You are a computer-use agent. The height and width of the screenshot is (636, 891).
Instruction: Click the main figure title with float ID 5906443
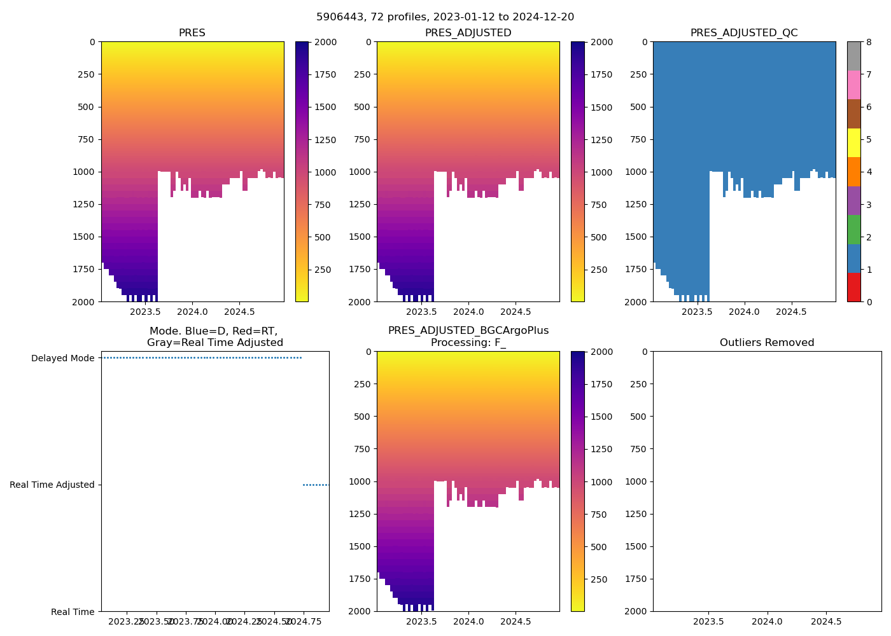tap(445, 17)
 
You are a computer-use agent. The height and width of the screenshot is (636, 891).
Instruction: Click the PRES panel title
tap(192, 33)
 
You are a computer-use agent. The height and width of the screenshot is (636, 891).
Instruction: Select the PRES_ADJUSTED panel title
tap(468, 33)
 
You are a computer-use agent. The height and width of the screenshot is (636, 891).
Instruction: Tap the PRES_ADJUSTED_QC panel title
tap(744, 33)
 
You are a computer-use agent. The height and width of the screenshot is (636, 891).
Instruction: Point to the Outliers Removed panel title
tap(767, 343)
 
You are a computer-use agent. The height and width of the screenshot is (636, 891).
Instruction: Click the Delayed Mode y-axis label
tap(62, 358)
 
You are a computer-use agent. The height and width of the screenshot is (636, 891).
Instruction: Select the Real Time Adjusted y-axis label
tap(52, 485)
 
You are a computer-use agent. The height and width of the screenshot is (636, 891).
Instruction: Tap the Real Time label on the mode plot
tap(73, 612)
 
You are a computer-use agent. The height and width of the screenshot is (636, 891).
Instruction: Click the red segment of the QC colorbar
tap(853, 287)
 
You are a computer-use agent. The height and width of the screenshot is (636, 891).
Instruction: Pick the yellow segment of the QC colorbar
tap(853, 142)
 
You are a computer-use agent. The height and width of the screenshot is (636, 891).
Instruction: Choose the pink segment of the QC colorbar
tap(853, 85)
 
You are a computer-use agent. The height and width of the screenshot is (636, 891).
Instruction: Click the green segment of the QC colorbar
tap(853, 229)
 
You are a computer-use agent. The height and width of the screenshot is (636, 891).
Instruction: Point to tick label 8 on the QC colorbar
tap(869, 42)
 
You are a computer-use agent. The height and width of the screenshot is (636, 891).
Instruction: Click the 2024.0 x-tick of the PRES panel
tap(192, 312)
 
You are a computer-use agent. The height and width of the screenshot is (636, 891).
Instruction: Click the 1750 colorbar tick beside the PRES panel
tap(325, 74)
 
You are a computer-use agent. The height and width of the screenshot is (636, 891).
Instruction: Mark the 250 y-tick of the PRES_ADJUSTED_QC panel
tap(638, 74)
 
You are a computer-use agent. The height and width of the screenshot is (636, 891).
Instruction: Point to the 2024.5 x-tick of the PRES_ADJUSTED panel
tap(515, 312)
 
